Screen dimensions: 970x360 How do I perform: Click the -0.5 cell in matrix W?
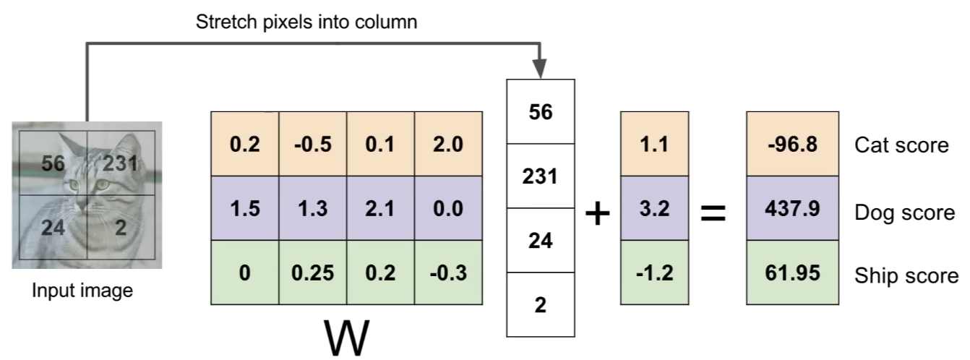(x=313, y=144)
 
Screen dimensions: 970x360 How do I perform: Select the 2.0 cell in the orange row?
(x=449, y=144)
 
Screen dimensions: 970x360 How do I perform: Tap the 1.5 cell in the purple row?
(x=245, y=208)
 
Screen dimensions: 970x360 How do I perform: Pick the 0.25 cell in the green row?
(x=313, y=272)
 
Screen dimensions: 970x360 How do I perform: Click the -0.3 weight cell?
(x=449, y=272)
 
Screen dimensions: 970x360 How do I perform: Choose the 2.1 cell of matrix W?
(x=381, y=208)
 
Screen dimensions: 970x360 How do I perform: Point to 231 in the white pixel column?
(x=541, y=176)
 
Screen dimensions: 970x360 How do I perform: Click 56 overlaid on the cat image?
(x=53, y=163)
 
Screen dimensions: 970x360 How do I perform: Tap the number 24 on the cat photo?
(x=53, y=228)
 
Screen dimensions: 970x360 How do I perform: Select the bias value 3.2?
(x=654, y=208)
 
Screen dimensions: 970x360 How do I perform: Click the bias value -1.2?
(x=654, y=272)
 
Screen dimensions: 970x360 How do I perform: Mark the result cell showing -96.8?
(x=792, y=144)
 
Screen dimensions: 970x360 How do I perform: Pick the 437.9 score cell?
(x=792, y=208)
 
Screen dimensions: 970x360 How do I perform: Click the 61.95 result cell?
(x=792, y=272)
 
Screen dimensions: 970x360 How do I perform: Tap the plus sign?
(x=598, y=213)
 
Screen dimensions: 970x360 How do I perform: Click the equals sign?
(x=713, y=213)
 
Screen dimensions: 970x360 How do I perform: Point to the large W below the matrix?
(x=346, y=337)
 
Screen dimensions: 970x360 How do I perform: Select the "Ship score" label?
(x=906, y=275)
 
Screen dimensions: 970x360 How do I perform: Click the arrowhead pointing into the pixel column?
(x=539, y=69)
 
